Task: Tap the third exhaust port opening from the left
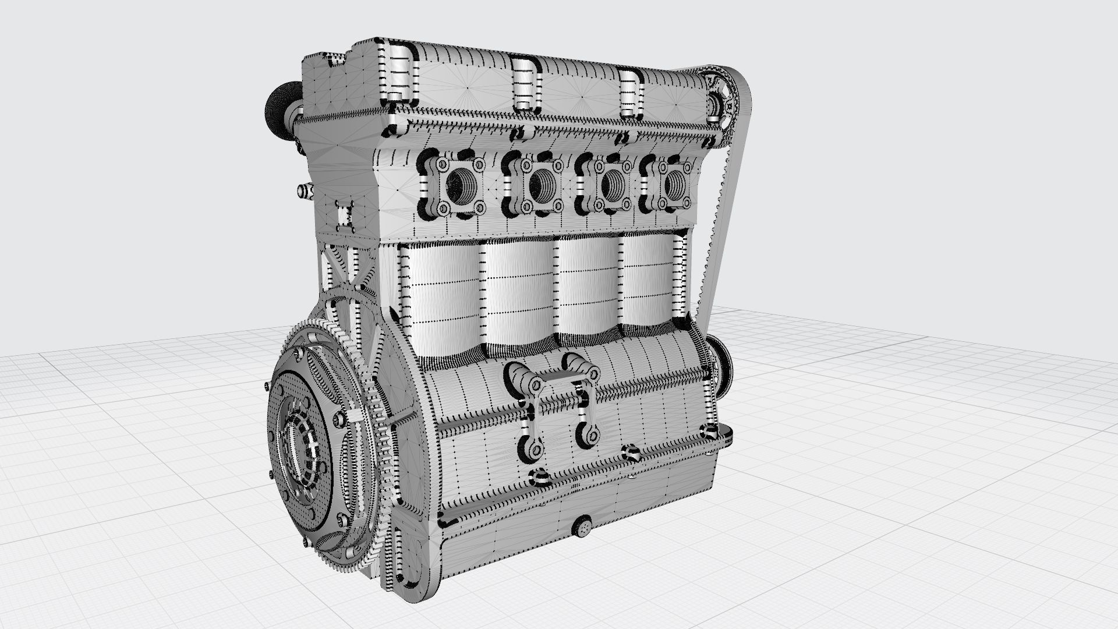coord(611,185)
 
